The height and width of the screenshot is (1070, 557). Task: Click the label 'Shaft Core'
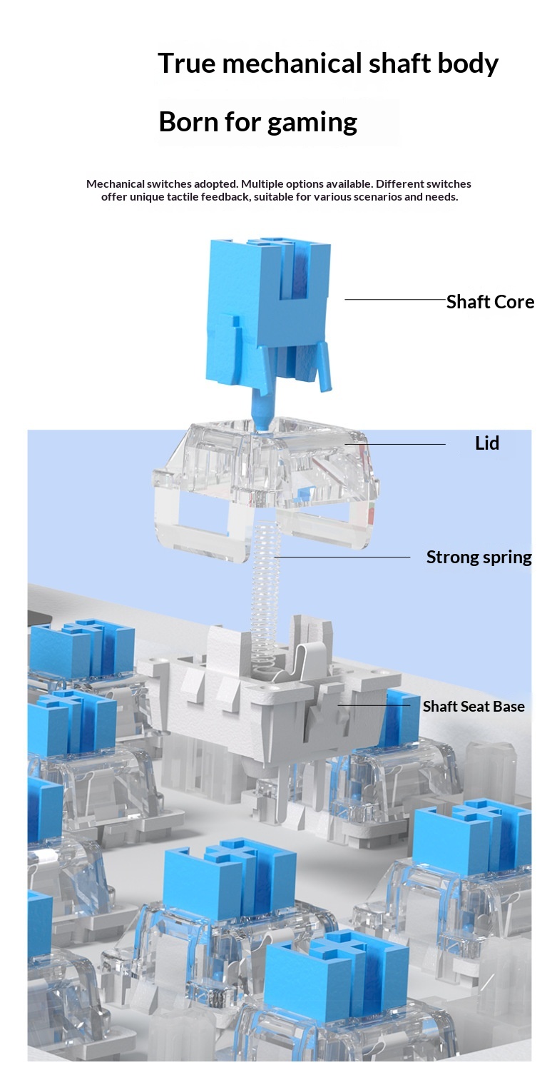point(490,302)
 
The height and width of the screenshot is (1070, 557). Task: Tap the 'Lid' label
point(487,443)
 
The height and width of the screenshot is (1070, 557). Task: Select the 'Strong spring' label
point(479,557)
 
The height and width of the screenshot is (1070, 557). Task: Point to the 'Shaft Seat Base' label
point(473,707)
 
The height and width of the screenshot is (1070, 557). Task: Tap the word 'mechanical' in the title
point(292,64)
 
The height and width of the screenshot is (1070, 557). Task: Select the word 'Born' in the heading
point(187,122)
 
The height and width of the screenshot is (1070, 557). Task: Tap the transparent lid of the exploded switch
point(264,471)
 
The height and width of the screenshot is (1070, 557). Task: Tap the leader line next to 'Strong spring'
point(342,557)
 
